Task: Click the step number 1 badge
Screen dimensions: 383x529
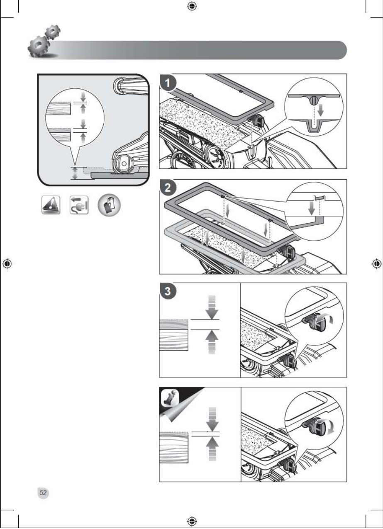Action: (x=167, y=83)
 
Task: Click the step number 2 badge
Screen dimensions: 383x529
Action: (x=167, y=188)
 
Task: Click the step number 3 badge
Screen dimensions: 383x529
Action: (x=167, y=291)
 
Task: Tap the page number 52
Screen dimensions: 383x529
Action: (x=43, y=492)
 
